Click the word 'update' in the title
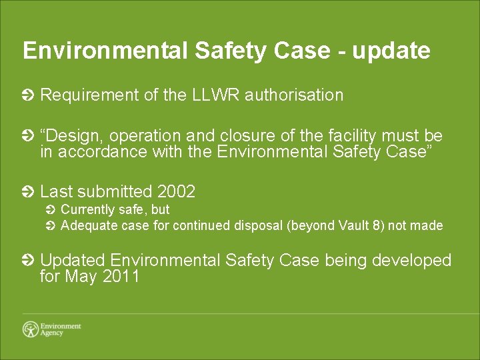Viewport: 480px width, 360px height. pos(391,51)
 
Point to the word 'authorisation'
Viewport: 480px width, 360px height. pos(294,95)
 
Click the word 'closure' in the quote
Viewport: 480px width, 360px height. pos(231,136)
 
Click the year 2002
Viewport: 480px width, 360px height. pos(176,192)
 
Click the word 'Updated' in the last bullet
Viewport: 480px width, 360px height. pos(73,260)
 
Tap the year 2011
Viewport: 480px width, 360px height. pos(121,276)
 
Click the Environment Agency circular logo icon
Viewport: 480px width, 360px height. pos(31,329)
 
